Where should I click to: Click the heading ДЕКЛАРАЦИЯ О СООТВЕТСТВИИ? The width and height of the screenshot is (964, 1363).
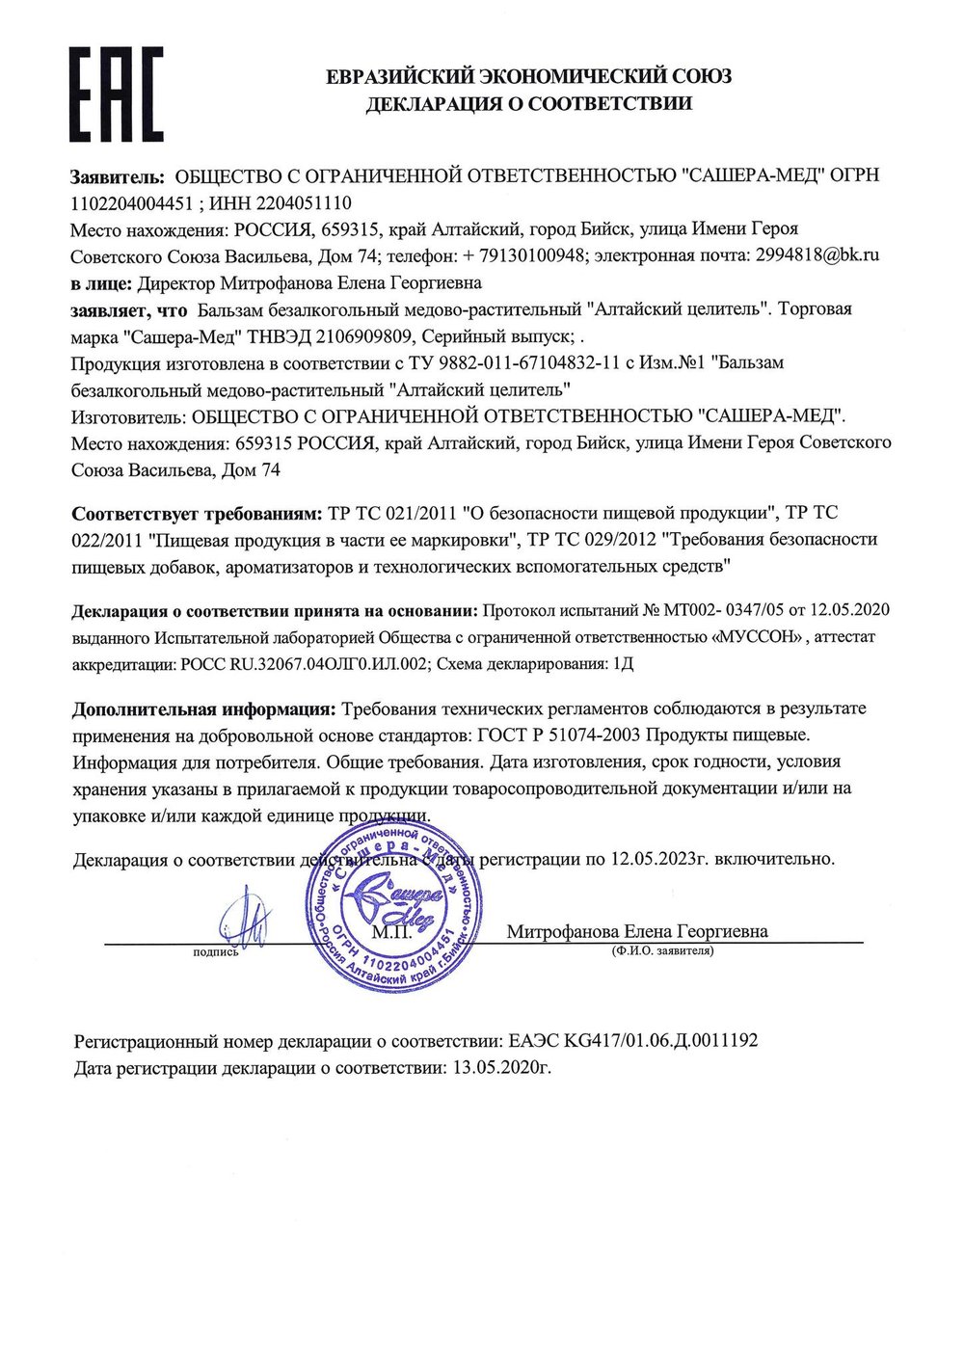528,104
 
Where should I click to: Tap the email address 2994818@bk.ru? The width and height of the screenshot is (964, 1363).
817,256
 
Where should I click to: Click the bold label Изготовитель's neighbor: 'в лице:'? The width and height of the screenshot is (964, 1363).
101,283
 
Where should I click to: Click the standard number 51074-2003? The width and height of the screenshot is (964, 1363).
585,735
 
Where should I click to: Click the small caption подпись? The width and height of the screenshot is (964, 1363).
216,952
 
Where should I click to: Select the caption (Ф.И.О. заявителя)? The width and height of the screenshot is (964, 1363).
662,950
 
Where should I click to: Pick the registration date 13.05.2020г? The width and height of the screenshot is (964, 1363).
501,1068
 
